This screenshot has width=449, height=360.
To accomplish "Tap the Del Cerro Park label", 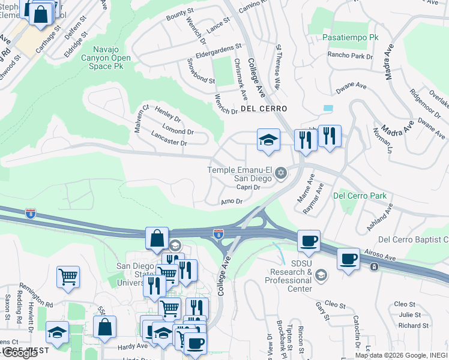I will tap(360, 196).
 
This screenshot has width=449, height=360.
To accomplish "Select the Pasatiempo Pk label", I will tap(351, 37).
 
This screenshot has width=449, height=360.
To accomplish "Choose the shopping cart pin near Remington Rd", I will tap(68, 277).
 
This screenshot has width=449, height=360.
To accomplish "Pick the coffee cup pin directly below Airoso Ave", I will tap(348, 259).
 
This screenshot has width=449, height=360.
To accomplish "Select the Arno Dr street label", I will tap(231, 202).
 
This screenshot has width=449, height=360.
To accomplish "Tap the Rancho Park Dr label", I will tap(350, 56).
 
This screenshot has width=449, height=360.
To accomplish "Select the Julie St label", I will tap(409, 314).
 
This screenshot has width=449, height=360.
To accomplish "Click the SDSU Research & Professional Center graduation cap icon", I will tap(321, 275).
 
